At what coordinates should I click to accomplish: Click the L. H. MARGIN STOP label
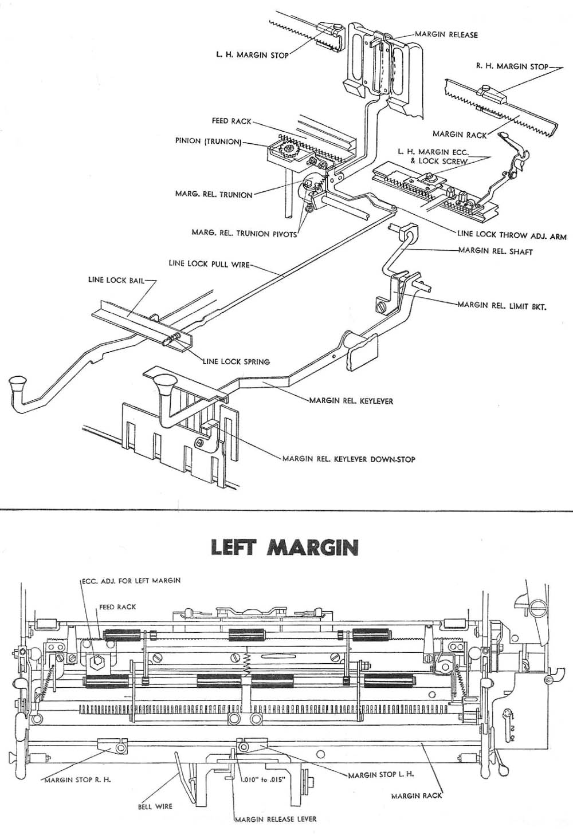click(252, 56)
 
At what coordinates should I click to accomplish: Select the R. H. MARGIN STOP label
click(512, 66)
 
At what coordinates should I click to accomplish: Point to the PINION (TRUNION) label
click(208, 141)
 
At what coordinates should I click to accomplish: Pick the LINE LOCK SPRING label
click(236, 361)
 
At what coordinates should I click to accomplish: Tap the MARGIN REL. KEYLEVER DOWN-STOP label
click(348, 459)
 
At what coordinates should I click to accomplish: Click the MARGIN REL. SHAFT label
click(496, 251)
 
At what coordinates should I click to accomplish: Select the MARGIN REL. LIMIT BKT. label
click(501, 306)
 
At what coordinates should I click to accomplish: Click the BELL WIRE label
click(155, 806)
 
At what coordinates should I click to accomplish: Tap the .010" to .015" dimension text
click(260, 780)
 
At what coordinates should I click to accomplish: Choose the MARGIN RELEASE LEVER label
click(276, 819)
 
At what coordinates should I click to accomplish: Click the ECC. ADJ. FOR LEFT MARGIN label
click(131, 580)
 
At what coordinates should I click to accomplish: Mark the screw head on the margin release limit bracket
click(379, 304)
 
